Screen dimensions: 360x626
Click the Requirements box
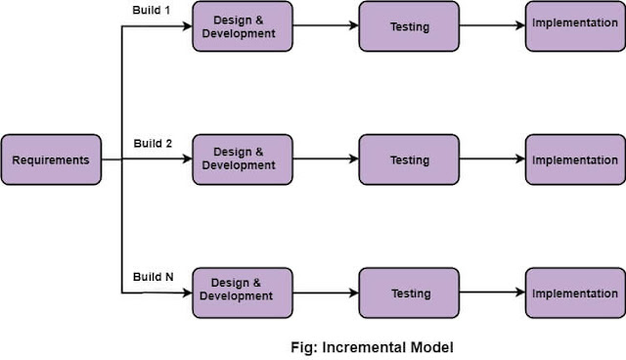(51, 159)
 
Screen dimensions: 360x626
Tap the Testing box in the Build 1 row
(410, 26)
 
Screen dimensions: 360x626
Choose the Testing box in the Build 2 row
(410, 159)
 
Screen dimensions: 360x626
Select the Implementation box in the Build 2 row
(575, 159)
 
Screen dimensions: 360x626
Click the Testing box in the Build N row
(410, 292)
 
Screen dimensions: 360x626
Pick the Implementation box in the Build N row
(575, 292)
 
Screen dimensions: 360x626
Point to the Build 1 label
(153, 10)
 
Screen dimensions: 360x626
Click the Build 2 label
(153, 144)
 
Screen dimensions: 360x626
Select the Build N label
(153, 277)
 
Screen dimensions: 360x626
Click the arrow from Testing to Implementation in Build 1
(493, 26)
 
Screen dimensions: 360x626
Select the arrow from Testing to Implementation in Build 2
(493, 159)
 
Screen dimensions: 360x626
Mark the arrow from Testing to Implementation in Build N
(493, 292)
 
